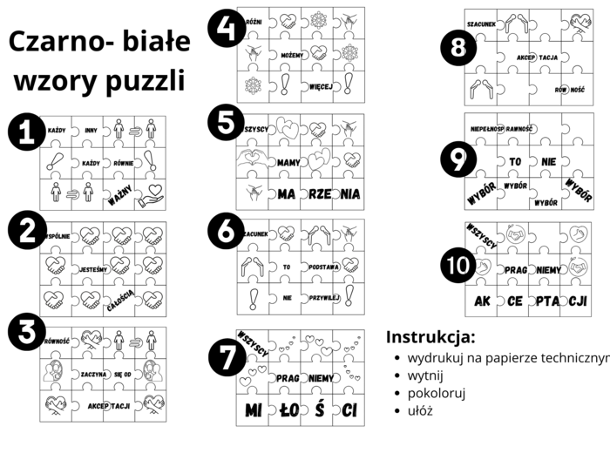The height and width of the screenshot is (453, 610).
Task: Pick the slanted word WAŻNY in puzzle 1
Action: pyautogui.click(x=120, y=193)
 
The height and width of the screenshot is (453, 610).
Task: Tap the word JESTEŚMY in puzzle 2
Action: pyautogui.click(x=91, y=269)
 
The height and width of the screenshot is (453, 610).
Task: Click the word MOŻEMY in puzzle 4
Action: pyautogui.click(x=285, y=55)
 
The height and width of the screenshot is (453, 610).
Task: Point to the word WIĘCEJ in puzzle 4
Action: pyautogui.click(x=321, y=87)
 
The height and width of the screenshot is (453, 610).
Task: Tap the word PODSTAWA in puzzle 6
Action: pyautogui.click(x=319, y=267)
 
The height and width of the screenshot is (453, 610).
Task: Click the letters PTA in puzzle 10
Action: pyautogui.click(x=545, y=301)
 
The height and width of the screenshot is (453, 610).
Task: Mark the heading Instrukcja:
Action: pyautogui.click(x=430, y=337)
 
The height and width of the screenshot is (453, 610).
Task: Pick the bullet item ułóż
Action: pyautogui.click(x=420, y=410)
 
